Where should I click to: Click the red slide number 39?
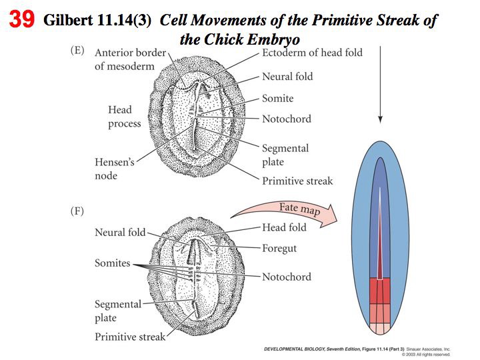point(21,19)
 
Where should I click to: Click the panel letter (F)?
point(78,211)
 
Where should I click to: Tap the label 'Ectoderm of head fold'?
point(311,52)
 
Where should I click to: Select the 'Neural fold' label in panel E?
point(287,77)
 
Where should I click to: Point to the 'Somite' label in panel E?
point(277,98)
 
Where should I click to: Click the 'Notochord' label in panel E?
point(286,119)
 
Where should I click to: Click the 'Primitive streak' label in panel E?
point(297,181)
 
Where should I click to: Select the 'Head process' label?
point(124,116)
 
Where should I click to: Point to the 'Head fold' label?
point(284,227)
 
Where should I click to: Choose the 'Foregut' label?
point(279,249)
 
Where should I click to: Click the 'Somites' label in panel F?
point(112,263)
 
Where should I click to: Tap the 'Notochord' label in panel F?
point(286,277)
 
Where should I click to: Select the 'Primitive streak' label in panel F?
point(129,337)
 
